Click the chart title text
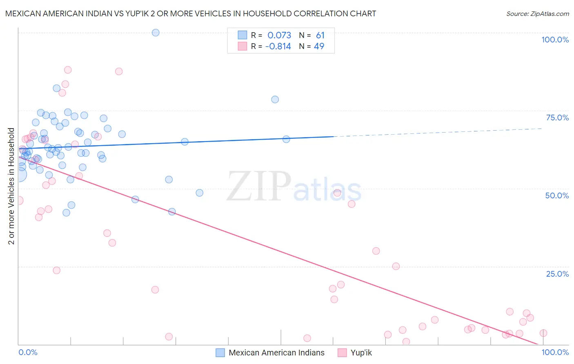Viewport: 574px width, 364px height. pyautogui.click(x=191, y=13)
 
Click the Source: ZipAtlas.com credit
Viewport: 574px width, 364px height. pyautogui.click(x=537, y=13)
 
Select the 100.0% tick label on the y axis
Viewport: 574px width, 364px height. pyautogui.click(x=555, y=40)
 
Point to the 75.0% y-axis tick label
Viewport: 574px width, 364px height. pyautogui.click(x=557, y=118)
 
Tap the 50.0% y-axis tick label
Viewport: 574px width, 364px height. pyautogui.click(x=557, y=195)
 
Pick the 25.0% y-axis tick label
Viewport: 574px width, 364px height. pyautogui.click(x=557, y=273)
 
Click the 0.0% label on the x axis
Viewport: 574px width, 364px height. pyautogui.click(x=28, y=352)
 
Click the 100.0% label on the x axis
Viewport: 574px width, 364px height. pyautogui.click(x=555, y=352)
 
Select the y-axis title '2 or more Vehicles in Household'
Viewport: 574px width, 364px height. pyautogui.click(x=11, y=186)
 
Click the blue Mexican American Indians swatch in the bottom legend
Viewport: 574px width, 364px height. pyautogui.click(x=220, y=353)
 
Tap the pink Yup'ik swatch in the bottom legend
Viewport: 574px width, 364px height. pyautogui.click(x=342, y=353)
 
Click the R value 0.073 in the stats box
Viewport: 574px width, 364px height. pyautogui.click(x=279, y=35)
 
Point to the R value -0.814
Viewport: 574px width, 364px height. pyautogui.click(x=278, y=46)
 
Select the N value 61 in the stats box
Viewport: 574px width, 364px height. pyautogui.click(x=320, y=35)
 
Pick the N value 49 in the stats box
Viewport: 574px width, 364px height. pyautogui.click(x=319, y=46)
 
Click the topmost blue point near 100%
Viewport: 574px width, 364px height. pyautogui.click(x=156, y=33)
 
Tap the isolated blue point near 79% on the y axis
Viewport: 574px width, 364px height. pyautogui.click(x=275, y=100)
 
